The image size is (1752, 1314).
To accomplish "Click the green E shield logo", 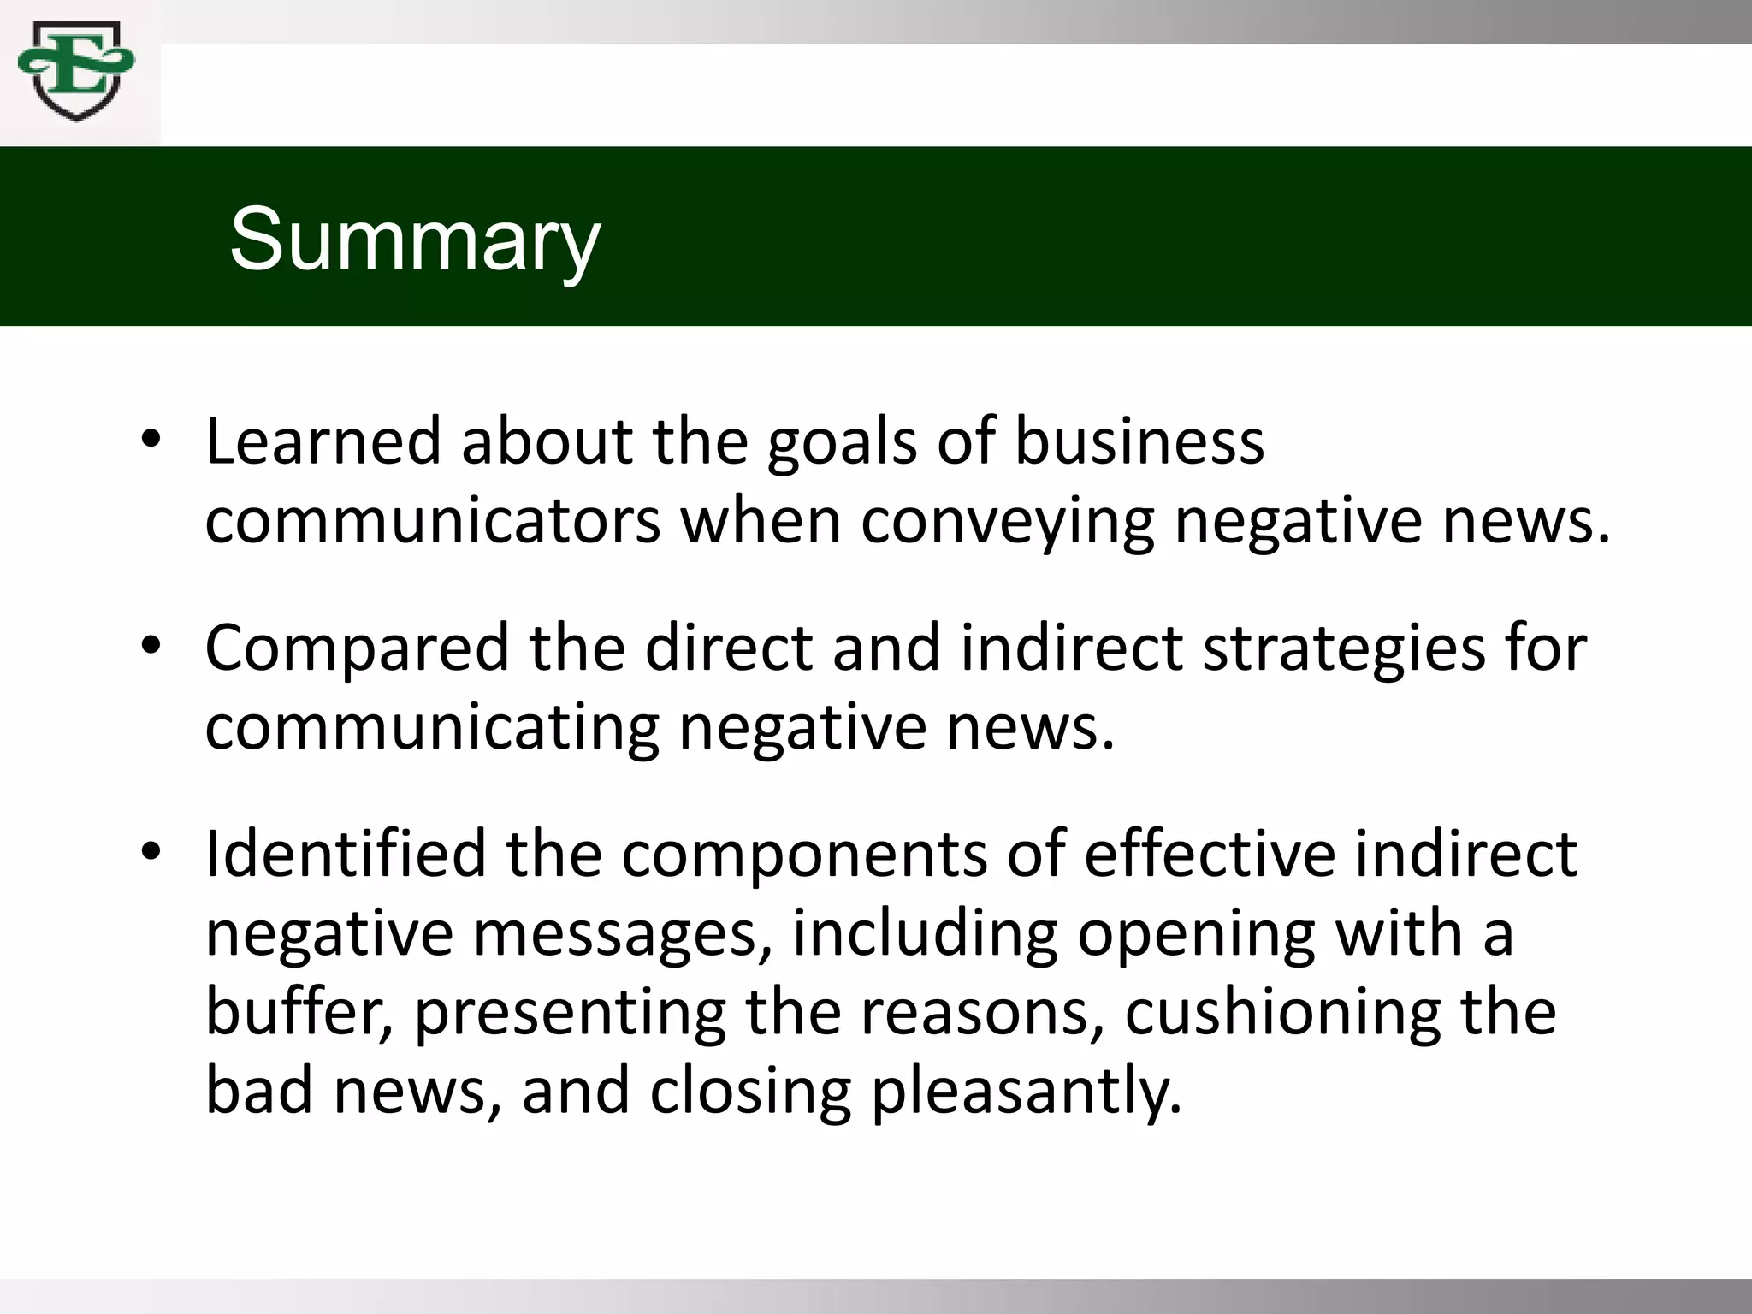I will [76, 72].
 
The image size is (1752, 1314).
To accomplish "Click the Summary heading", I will [415, 240].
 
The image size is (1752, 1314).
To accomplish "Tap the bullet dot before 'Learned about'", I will [151, 440].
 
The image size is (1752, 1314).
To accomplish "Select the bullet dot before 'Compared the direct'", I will [151, 646].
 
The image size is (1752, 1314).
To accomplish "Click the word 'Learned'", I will [323, 441].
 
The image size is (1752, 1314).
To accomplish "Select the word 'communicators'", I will [433, 521].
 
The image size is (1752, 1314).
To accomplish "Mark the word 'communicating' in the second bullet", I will [432, 729].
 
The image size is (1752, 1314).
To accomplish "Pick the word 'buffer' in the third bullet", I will [299, 1011].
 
